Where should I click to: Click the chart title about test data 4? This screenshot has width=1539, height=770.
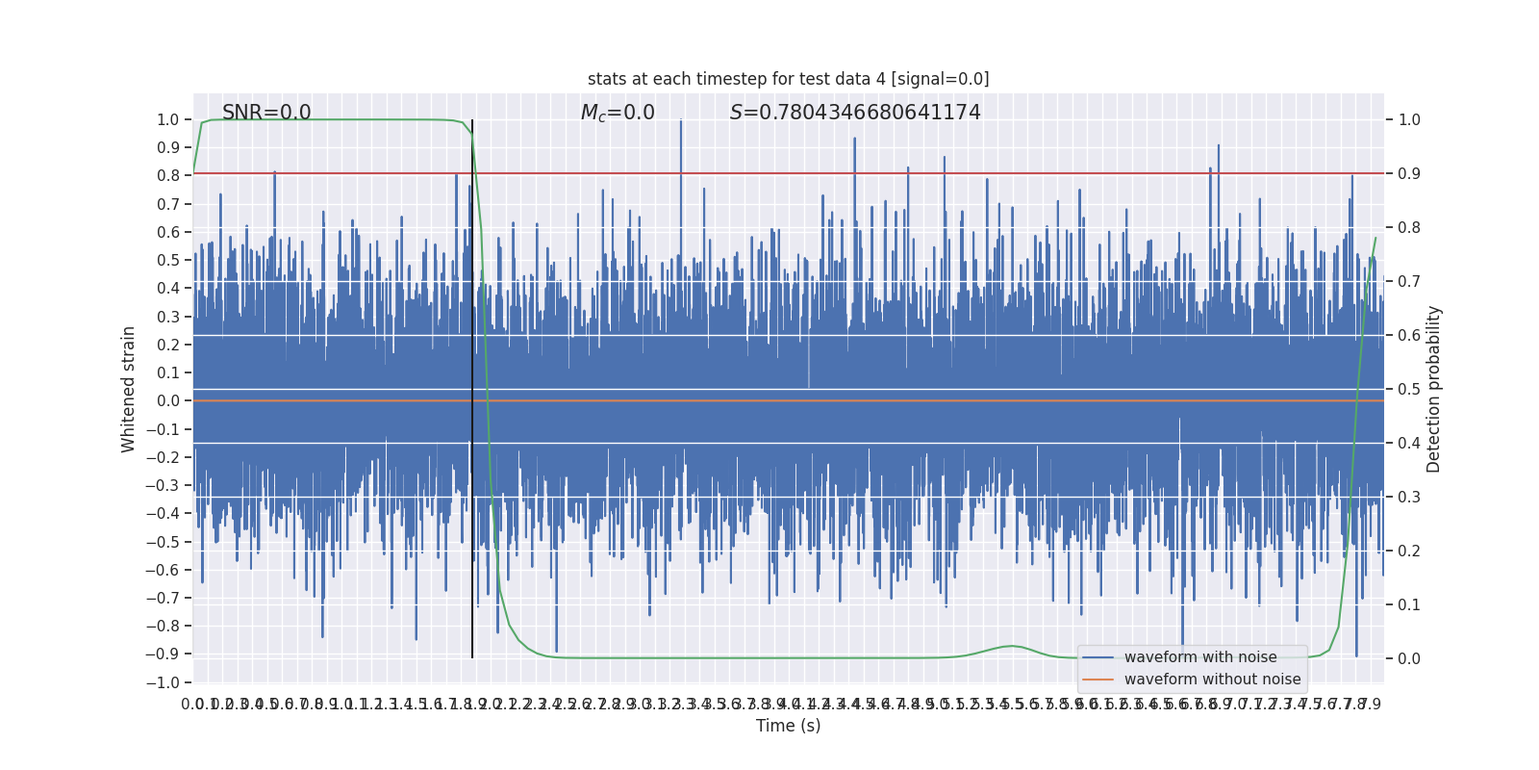(788, 79)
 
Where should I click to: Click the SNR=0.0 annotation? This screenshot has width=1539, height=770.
(266, 113)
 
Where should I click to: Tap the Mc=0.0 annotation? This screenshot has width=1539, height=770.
(618, 113)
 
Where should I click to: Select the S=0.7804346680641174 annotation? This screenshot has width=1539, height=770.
(855, 113)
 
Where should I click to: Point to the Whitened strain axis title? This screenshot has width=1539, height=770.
(129, 389)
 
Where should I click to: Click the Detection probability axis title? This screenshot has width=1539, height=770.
(1434, 389)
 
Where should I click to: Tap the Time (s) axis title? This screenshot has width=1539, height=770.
(788, 726)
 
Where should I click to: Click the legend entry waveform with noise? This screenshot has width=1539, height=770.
(1200, 657)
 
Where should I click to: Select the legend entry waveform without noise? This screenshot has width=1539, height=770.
(1212, 680)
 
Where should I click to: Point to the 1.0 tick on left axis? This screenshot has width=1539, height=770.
(167, 120)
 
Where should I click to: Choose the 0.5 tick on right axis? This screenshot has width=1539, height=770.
(1409, 389)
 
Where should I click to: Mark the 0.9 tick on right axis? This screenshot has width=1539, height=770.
(1409, 174)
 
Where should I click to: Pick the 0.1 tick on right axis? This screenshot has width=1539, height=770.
(1409, 604)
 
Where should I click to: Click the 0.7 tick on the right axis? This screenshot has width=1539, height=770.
(1409, 282)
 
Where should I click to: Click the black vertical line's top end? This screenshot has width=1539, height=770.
(472, 122)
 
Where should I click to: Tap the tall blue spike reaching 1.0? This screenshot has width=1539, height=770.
(681, 122)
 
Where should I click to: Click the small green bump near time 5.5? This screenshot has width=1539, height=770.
(1011, 646)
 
